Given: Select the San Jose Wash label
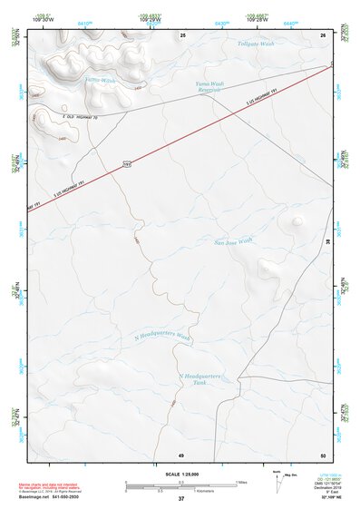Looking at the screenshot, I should click(x=231, y=242).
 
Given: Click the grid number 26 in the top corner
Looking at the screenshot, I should click(x=323, y=34).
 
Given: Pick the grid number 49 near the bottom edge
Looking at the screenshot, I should click(x=180, y=454).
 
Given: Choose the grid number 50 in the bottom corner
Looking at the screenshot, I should click(x=322, y=454).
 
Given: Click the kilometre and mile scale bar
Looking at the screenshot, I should click(x=180, y=485).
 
